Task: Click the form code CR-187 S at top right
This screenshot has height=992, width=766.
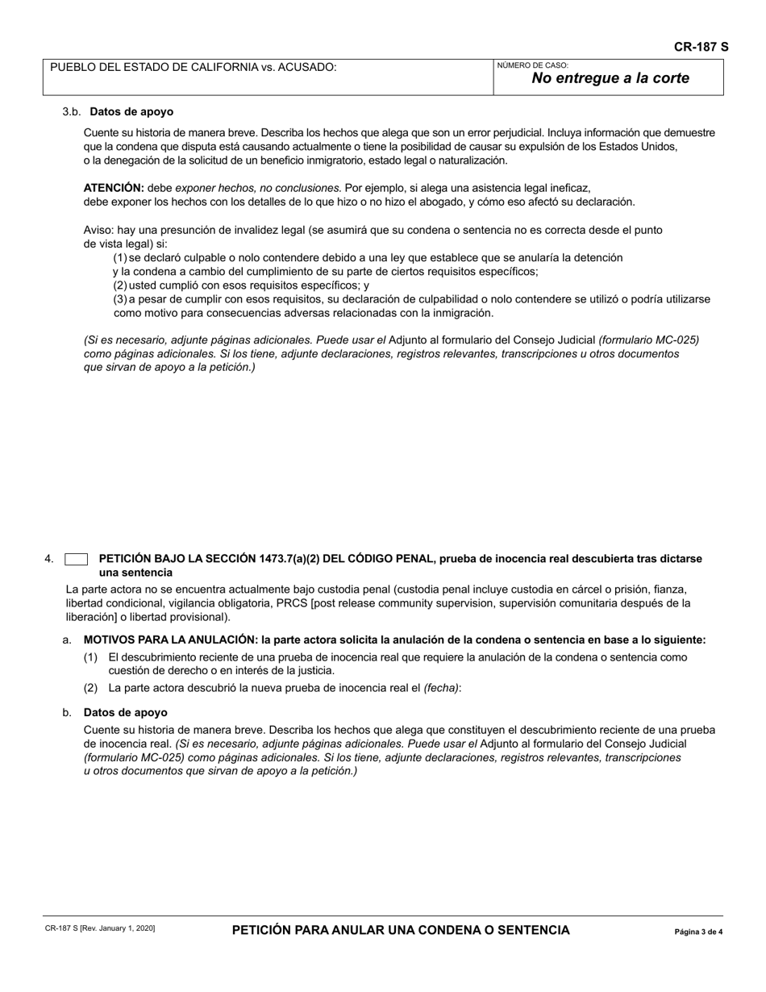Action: pyautogui.click(x=701, y=47)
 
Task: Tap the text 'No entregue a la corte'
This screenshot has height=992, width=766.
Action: pyautogui.click(x=610, y=78)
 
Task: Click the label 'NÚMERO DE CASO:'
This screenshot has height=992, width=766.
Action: pyautogui.click(x=532, y=65)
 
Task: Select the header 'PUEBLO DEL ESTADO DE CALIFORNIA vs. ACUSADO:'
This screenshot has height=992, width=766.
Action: pyautogui.click(x=194, y=67)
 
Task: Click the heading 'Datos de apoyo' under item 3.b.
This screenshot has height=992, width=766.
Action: pyautogui.click(x=131, y=112)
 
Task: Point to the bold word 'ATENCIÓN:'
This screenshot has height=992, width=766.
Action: pyautogui.click(x=114, y=187)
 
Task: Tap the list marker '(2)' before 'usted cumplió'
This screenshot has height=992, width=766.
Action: pyautogui.click(x=119, y=286)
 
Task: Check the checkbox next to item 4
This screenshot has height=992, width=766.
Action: pyautogui.click(x=76, y=559)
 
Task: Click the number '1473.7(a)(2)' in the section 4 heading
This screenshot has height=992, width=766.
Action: pyautogui.click(x=293, y=559)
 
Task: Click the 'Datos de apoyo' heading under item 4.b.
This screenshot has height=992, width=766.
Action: pyautogui.click(x=125, y=713)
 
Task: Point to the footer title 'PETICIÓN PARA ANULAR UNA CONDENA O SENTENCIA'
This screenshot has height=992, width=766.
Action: pyautogui.click(x=401, y=930)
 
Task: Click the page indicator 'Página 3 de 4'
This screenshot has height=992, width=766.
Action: pyautogui.click(x=698, y=932)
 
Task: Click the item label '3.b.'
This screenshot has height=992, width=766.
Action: pyautogui.click(x=72, y=112)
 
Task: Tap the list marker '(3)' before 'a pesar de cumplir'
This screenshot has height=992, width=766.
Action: pyautogui.click(x=119, y=299)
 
